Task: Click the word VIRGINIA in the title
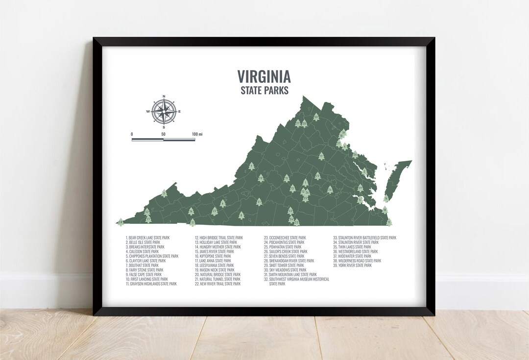coord(264,76)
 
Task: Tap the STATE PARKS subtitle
coord(264,91)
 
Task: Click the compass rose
coord(163,112)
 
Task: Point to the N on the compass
coord(164,96)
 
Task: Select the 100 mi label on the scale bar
coord(197,134)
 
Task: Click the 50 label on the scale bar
coord(163,134)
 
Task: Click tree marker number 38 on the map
coord(120,222)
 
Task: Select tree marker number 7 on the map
coord(252,166)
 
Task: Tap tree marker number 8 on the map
coord(241,215)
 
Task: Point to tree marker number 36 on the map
coord(355,155)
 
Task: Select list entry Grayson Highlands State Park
coord(152,284)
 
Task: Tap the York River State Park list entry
coord(352,265)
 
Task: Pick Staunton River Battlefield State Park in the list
coord(364,238)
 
